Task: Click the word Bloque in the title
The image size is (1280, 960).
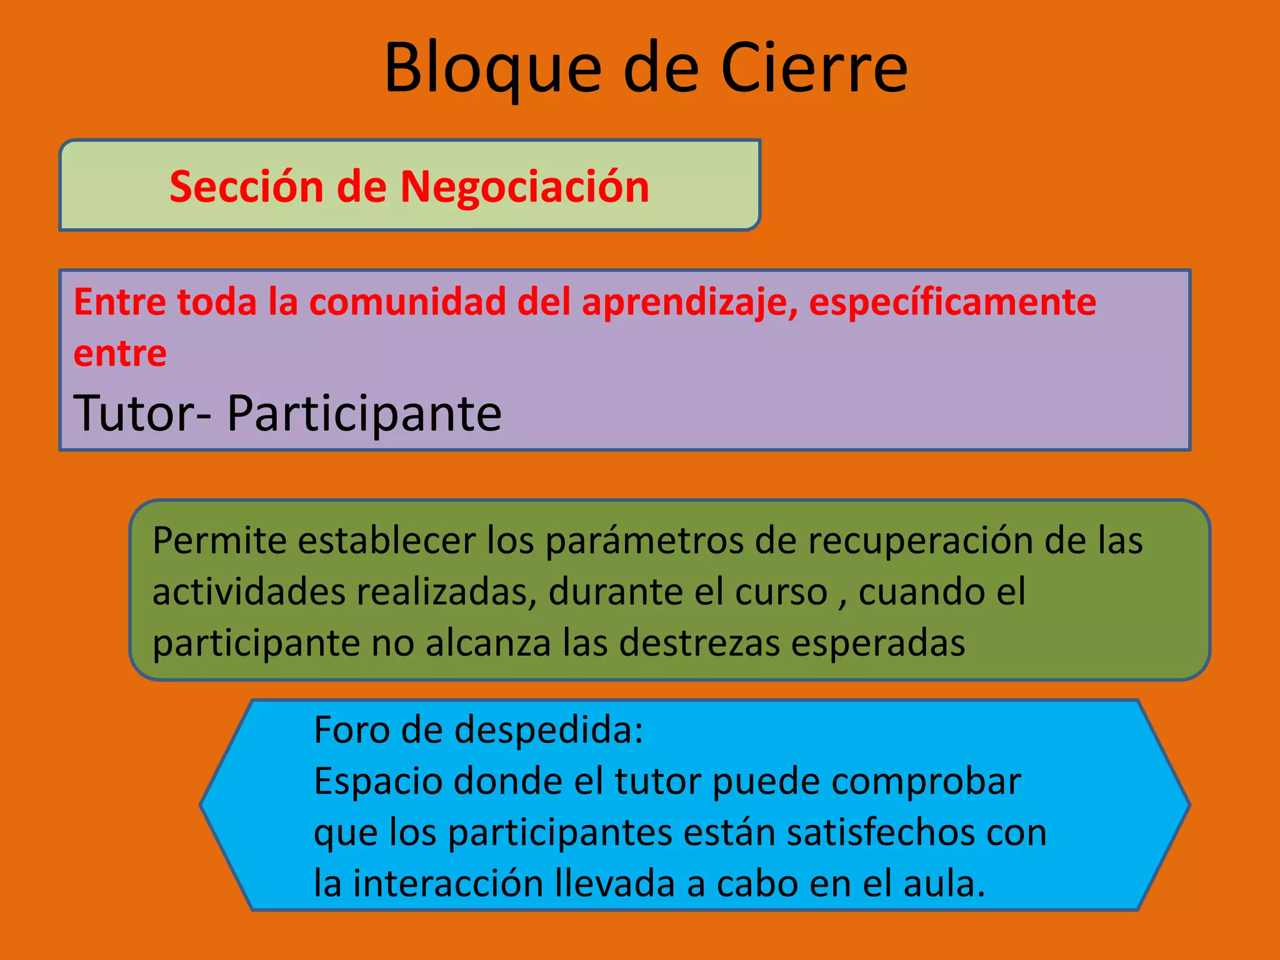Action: [492, 67]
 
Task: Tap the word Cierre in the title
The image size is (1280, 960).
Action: [814, 67]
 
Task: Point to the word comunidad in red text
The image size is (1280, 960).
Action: [408, 302]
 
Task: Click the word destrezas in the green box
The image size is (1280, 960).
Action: [699, 643]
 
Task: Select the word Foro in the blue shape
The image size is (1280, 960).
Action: [351, 729]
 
